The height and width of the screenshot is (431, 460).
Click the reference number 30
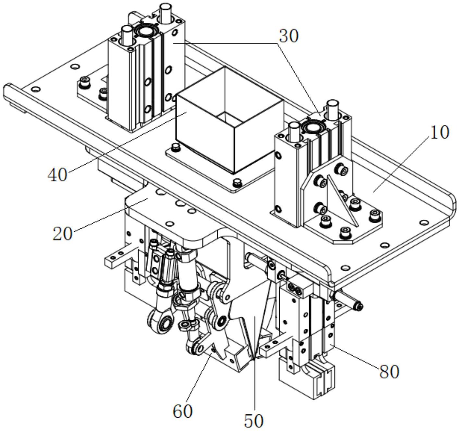pyautogui.click(x=288, y=36)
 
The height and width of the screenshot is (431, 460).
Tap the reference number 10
pyautogui.click(x=439, y=133)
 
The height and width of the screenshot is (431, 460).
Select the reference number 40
pyautogui.click(x=57, y=175)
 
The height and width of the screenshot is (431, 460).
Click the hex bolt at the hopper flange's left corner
pyautogui.click(x=176, y=147)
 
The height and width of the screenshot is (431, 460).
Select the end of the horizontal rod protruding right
pyautogui.click(x=359, y=306)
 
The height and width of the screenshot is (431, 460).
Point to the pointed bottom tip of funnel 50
pyautogui.click(x=254, y=359)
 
